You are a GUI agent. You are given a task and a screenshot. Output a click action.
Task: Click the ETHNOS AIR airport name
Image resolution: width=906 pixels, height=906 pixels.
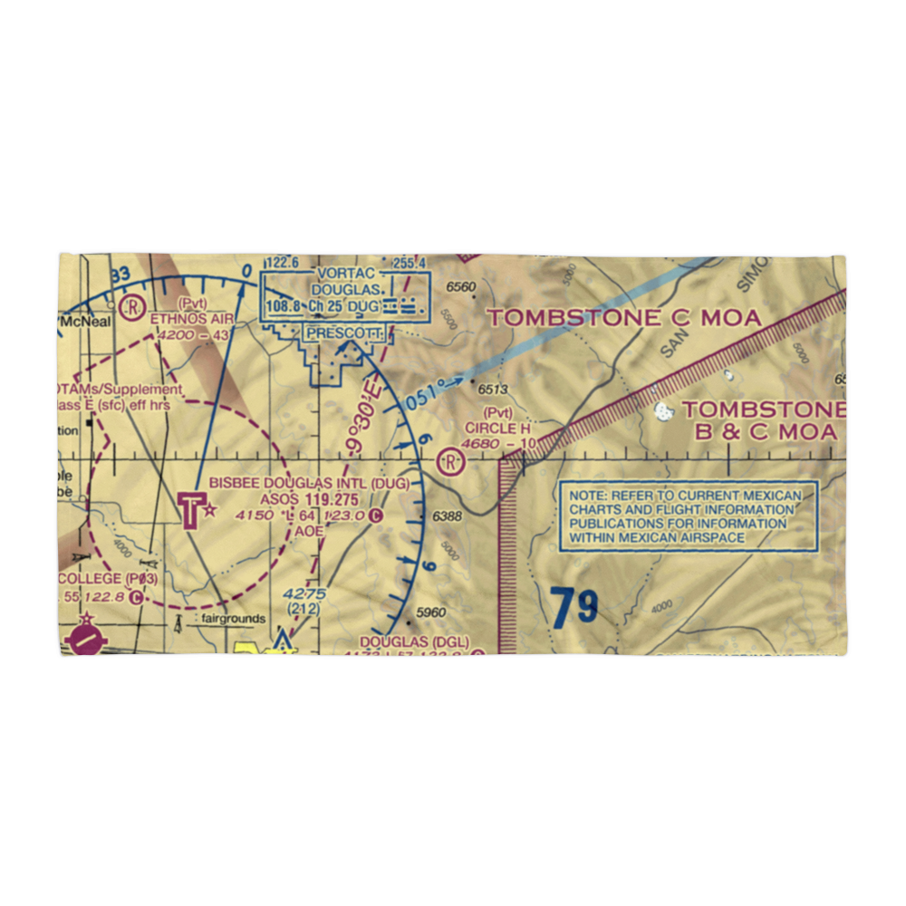tap(191, 318)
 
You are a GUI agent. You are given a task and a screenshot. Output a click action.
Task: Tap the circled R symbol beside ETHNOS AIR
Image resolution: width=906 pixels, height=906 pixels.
tap(134, 306)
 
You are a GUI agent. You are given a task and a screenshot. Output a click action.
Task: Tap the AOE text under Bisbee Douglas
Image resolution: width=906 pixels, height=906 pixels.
tap(307, 532)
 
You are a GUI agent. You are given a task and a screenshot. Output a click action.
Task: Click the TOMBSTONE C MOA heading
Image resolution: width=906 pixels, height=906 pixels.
tap(624, 317)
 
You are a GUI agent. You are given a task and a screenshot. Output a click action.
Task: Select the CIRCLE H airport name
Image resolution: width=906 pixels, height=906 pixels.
tap(497, 428)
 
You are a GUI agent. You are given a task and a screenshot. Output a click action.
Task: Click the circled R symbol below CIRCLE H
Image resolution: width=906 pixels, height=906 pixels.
tap(450, 462)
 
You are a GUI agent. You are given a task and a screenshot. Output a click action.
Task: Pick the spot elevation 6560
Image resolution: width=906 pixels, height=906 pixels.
tap(460, 288)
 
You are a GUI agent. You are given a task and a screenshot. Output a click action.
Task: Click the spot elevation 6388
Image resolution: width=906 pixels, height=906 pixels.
tap(448, 516)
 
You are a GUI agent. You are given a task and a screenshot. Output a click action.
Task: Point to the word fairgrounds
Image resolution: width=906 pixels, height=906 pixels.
tap(234, 619)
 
